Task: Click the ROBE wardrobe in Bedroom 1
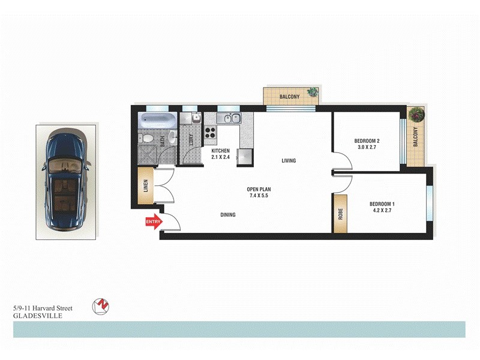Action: (340, 213)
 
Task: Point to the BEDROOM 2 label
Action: (369, 141)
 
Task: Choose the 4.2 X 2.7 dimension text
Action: (381, 211)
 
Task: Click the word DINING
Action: (227, 215)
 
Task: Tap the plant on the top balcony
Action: (312, 92)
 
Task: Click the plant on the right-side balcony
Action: (415, 114)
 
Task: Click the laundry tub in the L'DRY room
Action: (196, 119)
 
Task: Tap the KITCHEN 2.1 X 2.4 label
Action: (221, 154)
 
